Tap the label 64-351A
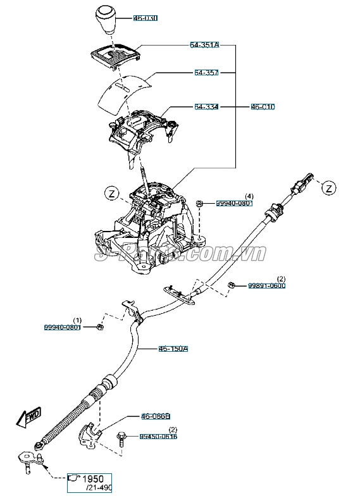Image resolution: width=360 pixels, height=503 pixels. (x=204, y=45)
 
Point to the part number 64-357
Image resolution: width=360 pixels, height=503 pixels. (x=206, y=73)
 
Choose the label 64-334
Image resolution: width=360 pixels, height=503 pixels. (x=206, y=108)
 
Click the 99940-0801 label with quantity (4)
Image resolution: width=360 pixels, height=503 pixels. (x=234, y=203)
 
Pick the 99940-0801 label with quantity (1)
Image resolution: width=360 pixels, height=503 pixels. (x=62, y=327)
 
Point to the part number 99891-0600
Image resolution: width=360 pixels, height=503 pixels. (x=266, y=285)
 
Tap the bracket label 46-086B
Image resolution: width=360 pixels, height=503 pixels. (x=156, y=416)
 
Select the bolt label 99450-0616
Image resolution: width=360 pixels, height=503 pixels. (x=158, y=437)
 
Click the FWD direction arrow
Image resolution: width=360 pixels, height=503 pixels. (x=30, y=416)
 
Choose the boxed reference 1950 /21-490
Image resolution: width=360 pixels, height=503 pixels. (x=89, y=483)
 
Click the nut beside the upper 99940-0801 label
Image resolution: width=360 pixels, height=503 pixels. (x=199, y=203)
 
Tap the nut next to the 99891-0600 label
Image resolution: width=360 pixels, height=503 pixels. (x=232, y=285)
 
